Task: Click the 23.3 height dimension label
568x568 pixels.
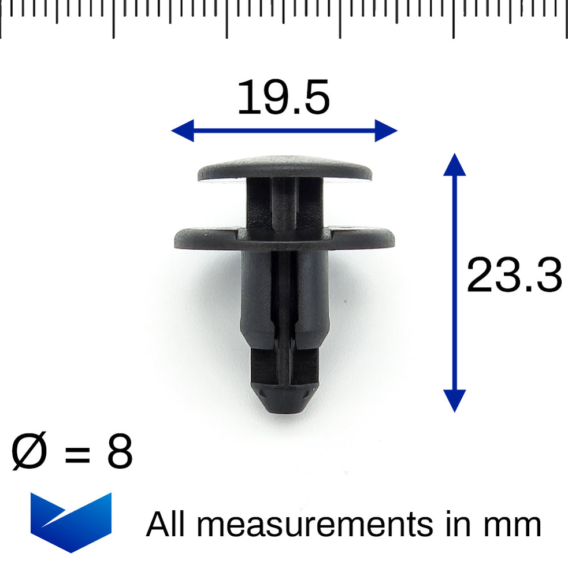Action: click(514, 276)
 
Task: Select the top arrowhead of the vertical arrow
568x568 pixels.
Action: click(455, 165)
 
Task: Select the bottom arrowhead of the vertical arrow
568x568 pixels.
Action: click(455, 400)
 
